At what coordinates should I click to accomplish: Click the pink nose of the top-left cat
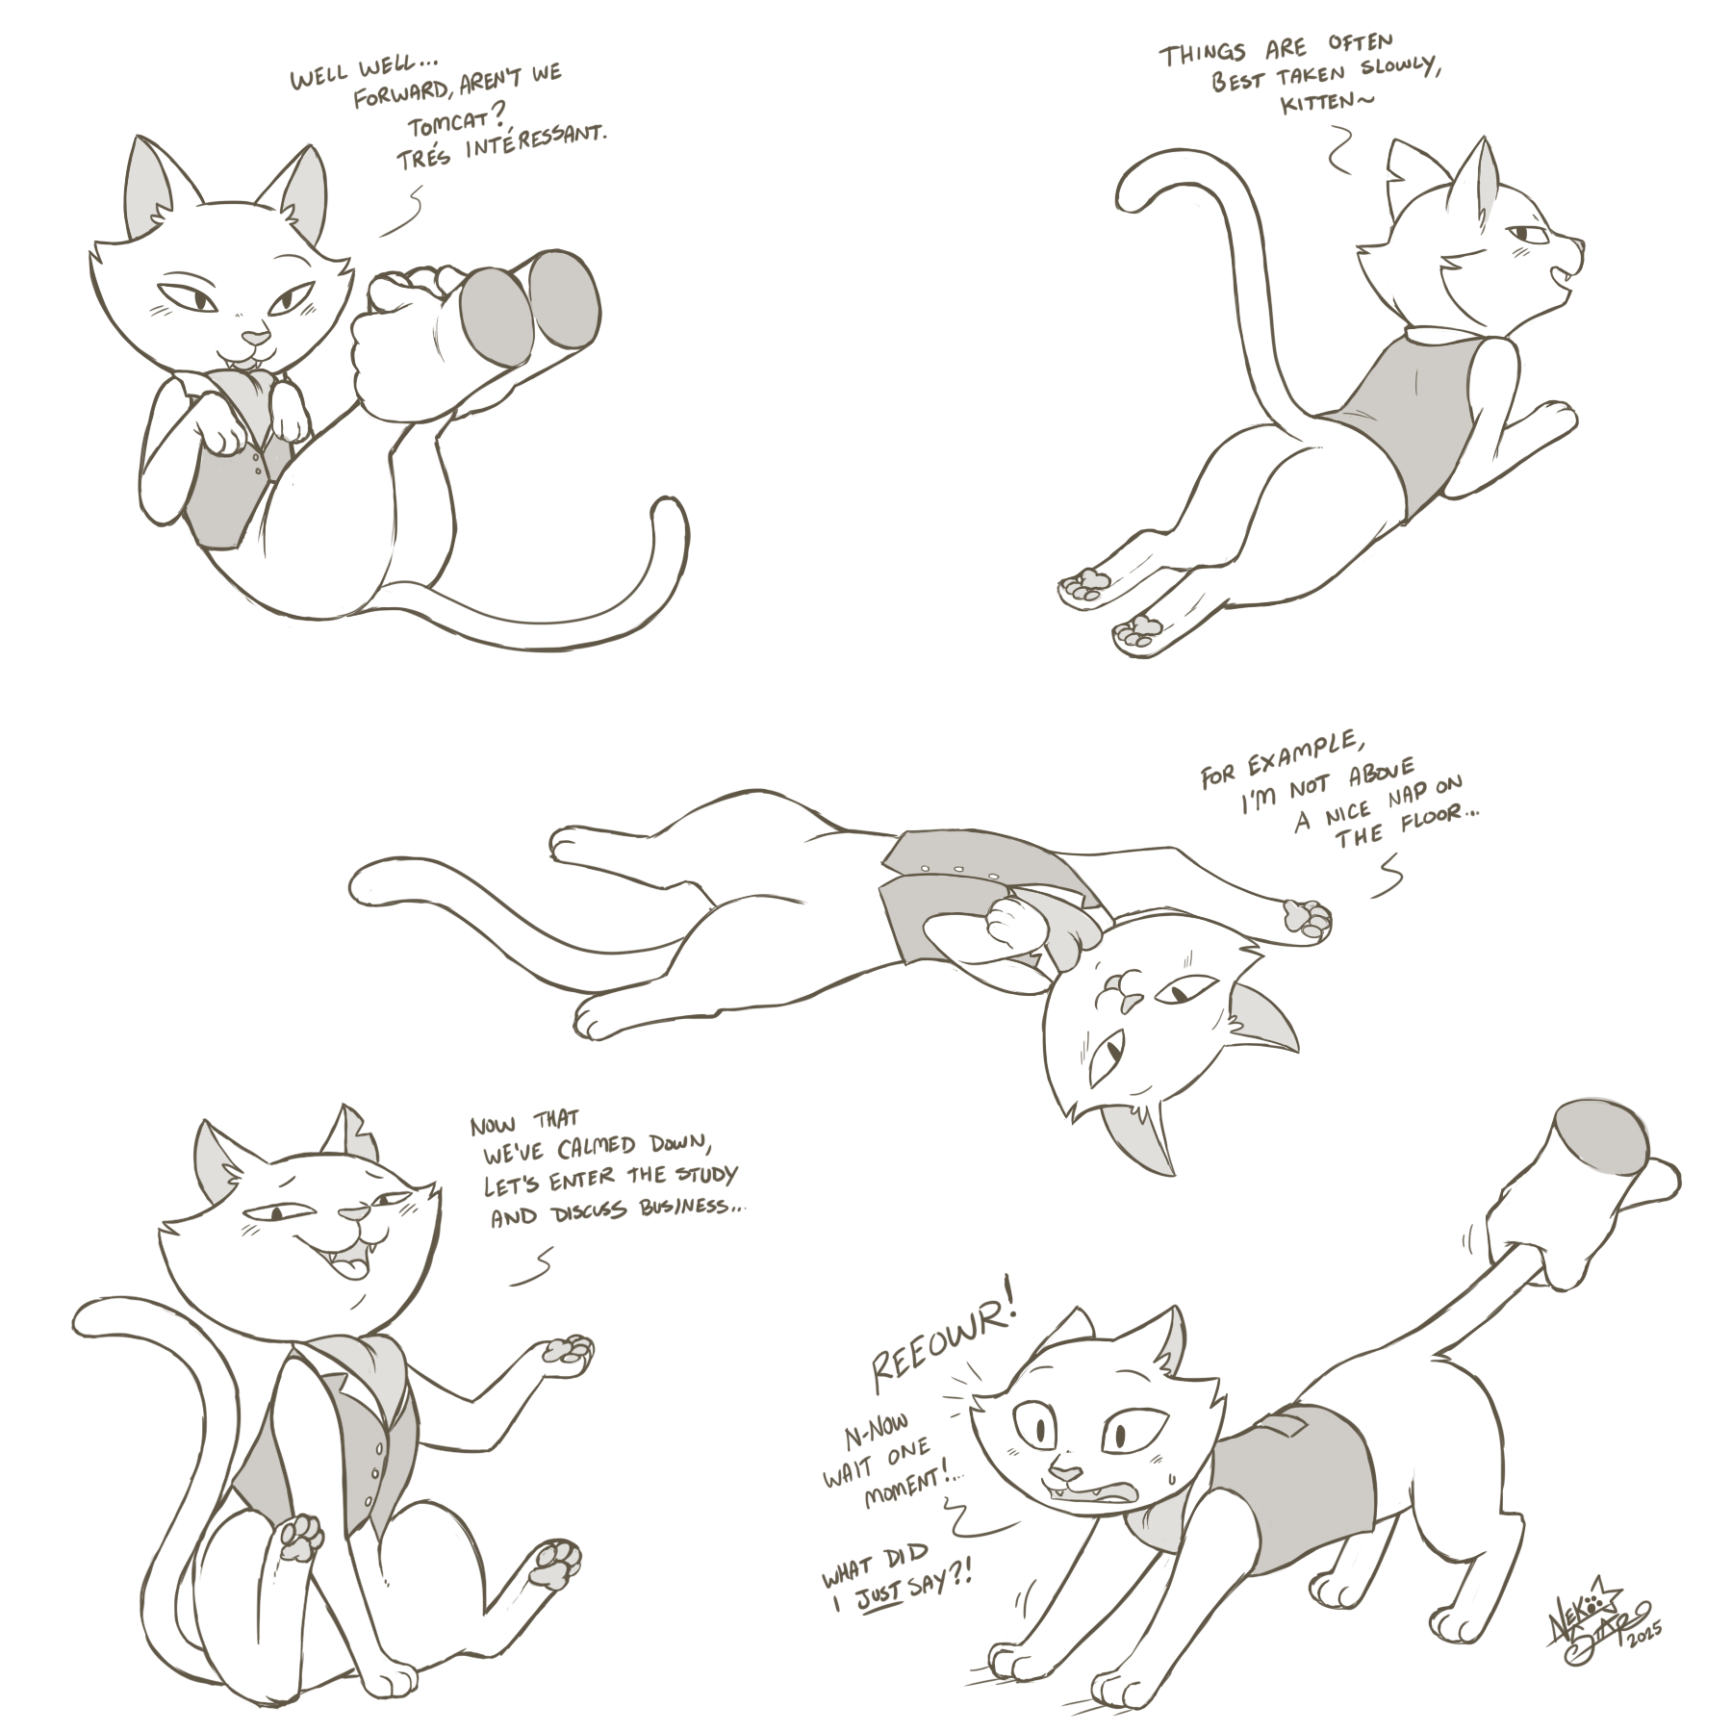pos(254,338)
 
